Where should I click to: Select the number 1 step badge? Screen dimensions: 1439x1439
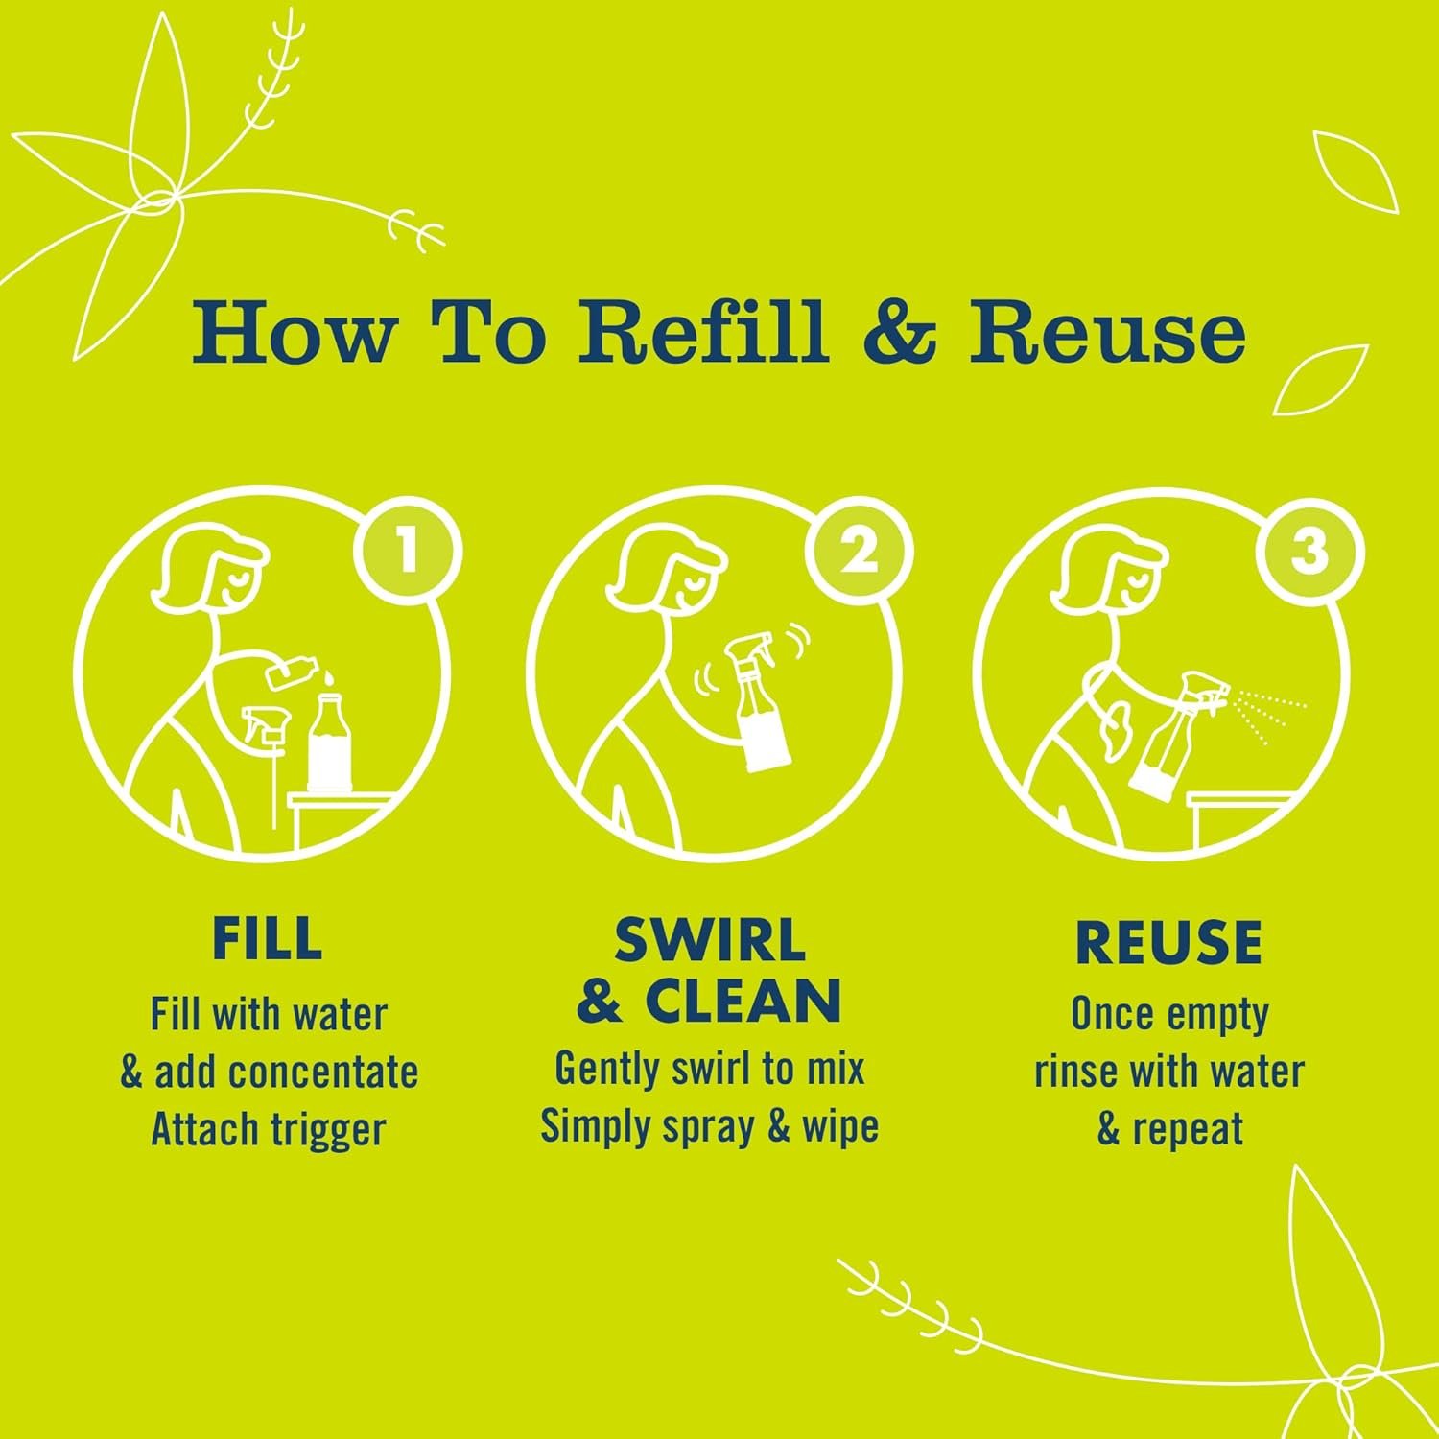[x=407, y=552]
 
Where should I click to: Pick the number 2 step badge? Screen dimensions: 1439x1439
[x=859, y=552]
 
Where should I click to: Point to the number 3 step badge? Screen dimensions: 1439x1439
[x=1309, y=552]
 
